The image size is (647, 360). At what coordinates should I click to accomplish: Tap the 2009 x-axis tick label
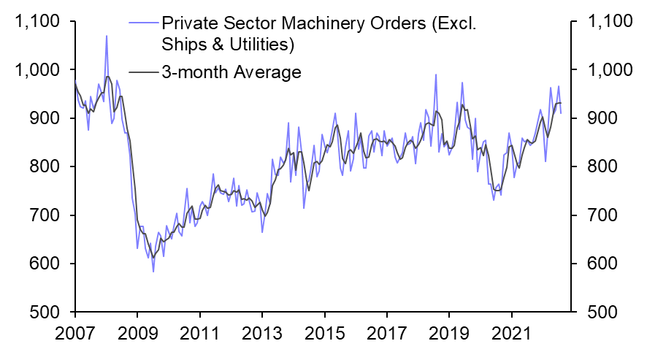(x=137, y=341)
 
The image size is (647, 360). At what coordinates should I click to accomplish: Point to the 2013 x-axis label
(x=262, y=341)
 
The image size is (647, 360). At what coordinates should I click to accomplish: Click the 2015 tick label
(x=325, y=341)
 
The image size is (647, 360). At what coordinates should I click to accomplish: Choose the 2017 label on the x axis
(x=388, y=341)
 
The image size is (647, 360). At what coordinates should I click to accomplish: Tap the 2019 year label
(x=451, y=341)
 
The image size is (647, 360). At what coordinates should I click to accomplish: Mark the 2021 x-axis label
(x=513, y=341)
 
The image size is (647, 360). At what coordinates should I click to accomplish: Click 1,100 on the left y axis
(x=36, y=22)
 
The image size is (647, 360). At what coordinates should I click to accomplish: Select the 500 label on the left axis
(x=45, y=312)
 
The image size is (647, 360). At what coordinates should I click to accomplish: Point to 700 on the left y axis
(x=45, y=215)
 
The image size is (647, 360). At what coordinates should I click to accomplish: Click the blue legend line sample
(x=142, y=23)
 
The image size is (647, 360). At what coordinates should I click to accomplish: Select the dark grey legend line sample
(x=142, y=72)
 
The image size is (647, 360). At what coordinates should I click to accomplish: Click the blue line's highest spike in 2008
(x=107, y=36)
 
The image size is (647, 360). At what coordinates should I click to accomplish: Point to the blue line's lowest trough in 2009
(x=153, y=272)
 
